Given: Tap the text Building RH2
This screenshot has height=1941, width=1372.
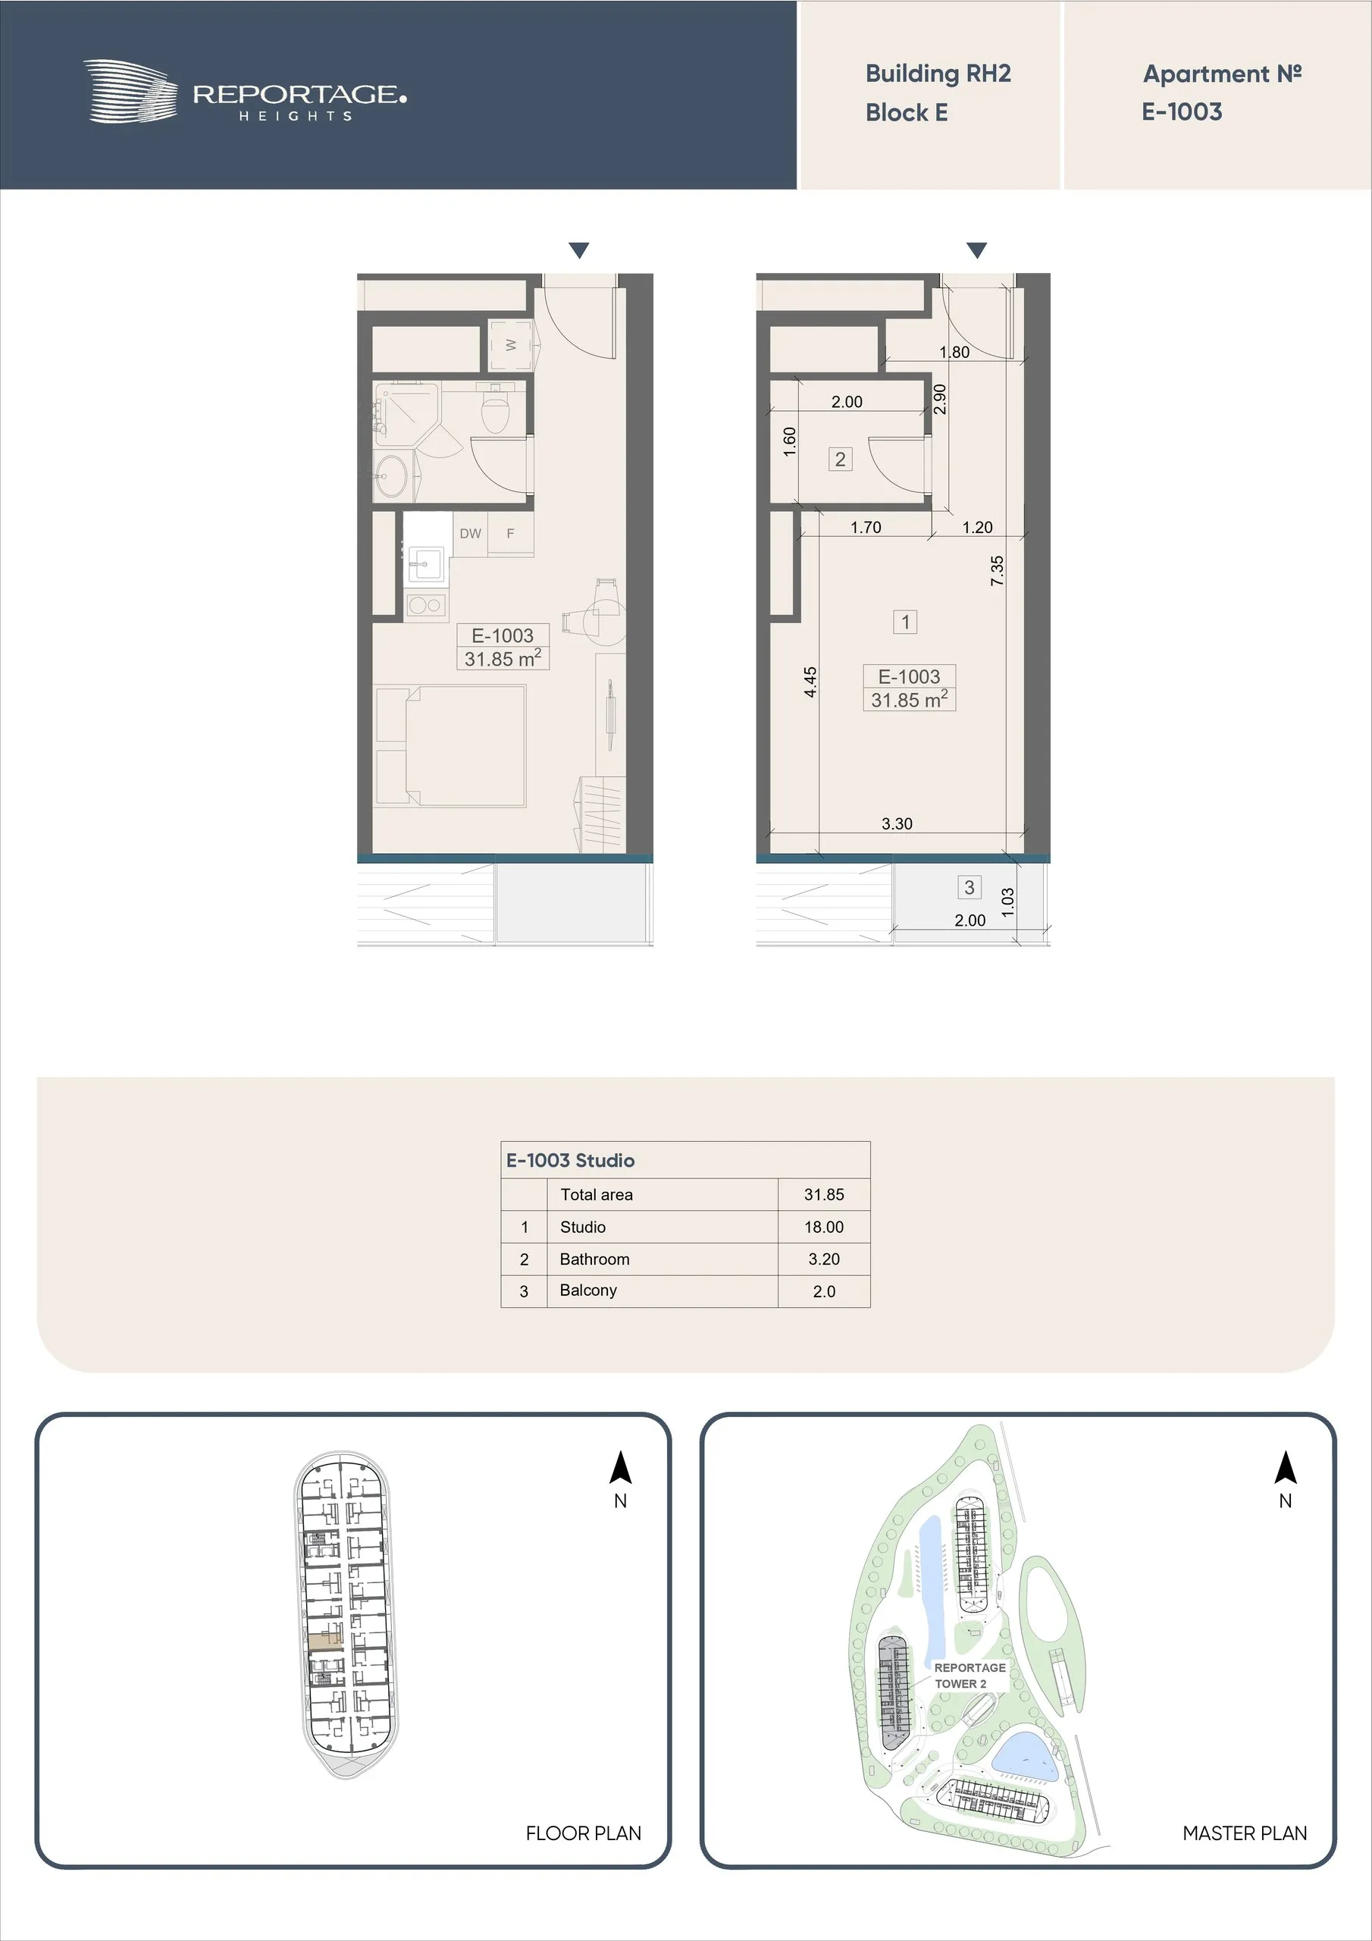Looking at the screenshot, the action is [x=938, y=74].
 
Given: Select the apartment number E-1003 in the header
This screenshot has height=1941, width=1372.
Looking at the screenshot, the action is [x=1182, y=111].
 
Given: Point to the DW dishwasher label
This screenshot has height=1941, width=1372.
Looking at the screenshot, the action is [x=470, y=534].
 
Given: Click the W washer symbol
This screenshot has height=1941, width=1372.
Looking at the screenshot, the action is [x=511, y=345].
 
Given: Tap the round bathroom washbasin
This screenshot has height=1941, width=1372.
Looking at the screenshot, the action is [x=391, y=477].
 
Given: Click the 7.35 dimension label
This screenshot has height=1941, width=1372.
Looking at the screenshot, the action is [x=998, y=571].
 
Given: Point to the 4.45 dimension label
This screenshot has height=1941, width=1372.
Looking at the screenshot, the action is [x=810, y=682].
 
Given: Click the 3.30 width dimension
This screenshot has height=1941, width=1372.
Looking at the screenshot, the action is [x=896, y=823].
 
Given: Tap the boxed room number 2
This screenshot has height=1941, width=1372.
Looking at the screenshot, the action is [x=841, y=459].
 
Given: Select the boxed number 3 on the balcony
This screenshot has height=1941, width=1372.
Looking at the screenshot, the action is [x=969, y=887].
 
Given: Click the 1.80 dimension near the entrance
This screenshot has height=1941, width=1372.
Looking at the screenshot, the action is [x=954, y=353].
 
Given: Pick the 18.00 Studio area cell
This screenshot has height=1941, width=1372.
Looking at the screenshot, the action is [x=823, y=1227].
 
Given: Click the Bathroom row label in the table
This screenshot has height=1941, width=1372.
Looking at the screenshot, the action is [x=594, y=1259].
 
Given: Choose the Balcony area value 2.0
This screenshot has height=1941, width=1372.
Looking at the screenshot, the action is [x=823, y=1291].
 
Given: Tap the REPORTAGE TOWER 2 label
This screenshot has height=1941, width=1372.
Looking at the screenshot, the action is [x=969, y=1675].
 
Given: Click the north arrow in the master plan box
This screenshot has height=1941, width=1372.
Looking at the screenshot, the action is [x=1285, y=1468].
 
